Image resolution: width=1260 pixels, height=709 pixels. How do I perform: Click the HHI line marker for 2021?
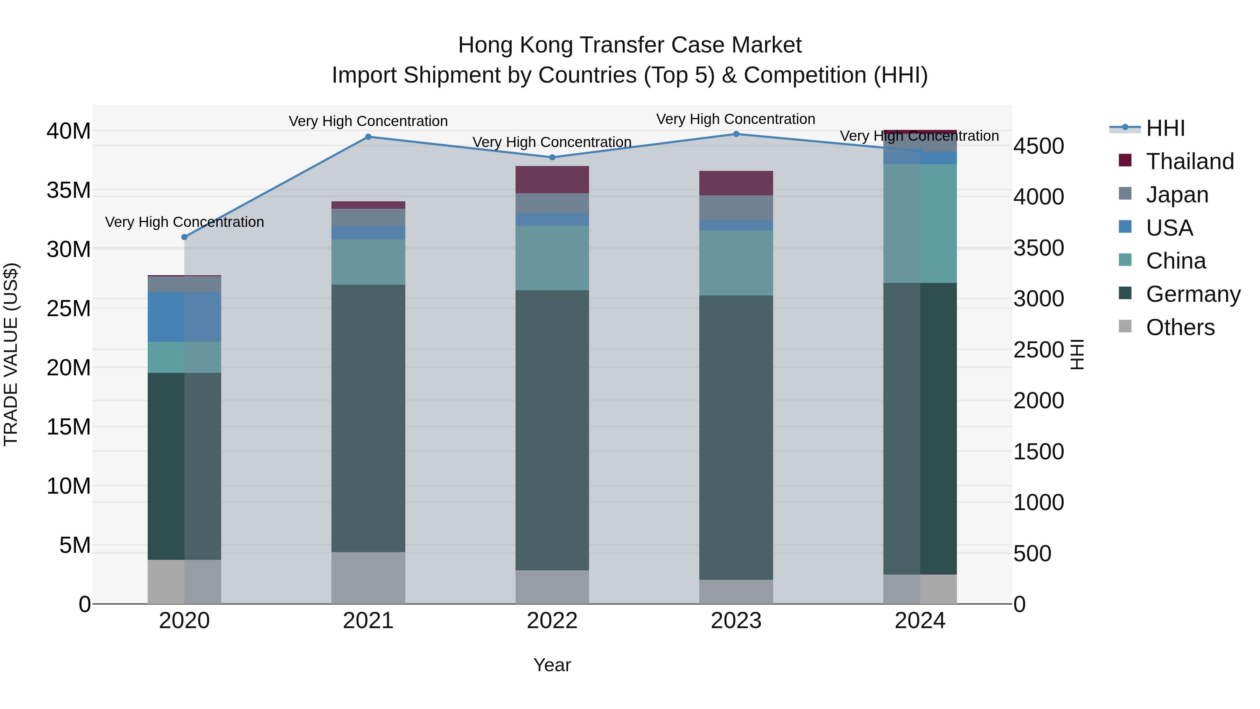pos(368,137)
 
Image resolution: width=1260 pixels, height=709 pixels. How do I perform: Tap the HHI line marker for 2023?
pos(736,134)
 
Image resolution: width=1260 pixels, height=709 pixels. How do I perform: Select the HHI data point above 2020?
pos(184,237)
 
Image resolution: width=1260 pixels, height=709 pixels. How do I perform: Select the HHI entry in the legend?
pos(1164,128)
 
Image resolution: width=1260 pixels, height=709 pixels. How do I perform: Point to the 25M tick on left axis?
pos(69,309)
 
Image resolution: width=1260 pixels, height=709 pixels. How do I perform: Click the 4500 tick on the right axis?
pos(1038,146)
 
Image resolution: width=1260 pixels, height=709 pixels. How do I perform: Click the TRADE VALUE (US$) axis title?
pos(11,354)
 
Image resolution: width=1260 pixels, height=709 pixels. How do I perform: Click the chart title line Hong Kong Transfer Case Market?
pos(630,45)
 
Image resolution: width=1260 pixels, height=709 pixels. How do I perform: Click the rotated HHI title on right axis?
pos(1077,354)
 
